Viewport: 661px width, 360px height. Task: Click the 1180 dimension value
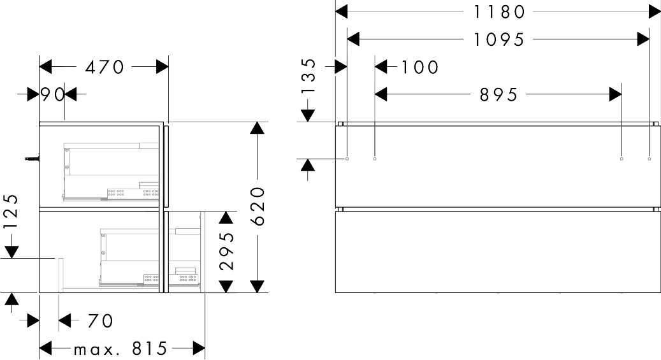click(x=498, y=11)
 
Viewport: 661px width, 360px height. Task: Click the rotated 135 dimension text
click(x=308, y=76)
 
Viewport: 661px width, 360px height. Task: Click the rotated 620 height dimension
click(x=257, y=206)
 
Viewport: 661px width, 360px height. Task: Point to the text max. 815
click(x=120, y=349)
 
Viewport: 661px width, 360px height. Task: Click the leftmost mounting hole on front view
click(x=347, y=159)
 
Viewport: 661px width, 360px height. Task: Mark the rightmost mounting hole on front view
click(x=649, y=159)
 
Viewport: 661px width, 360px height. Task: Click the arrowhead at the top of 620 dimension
click(x=257, y=127)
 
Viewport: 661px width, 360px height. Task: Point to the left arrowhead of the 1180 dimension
click(x=342, y=11)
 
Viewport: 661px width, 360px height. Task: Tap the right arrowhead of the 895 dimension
click(x=615, y=95)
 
